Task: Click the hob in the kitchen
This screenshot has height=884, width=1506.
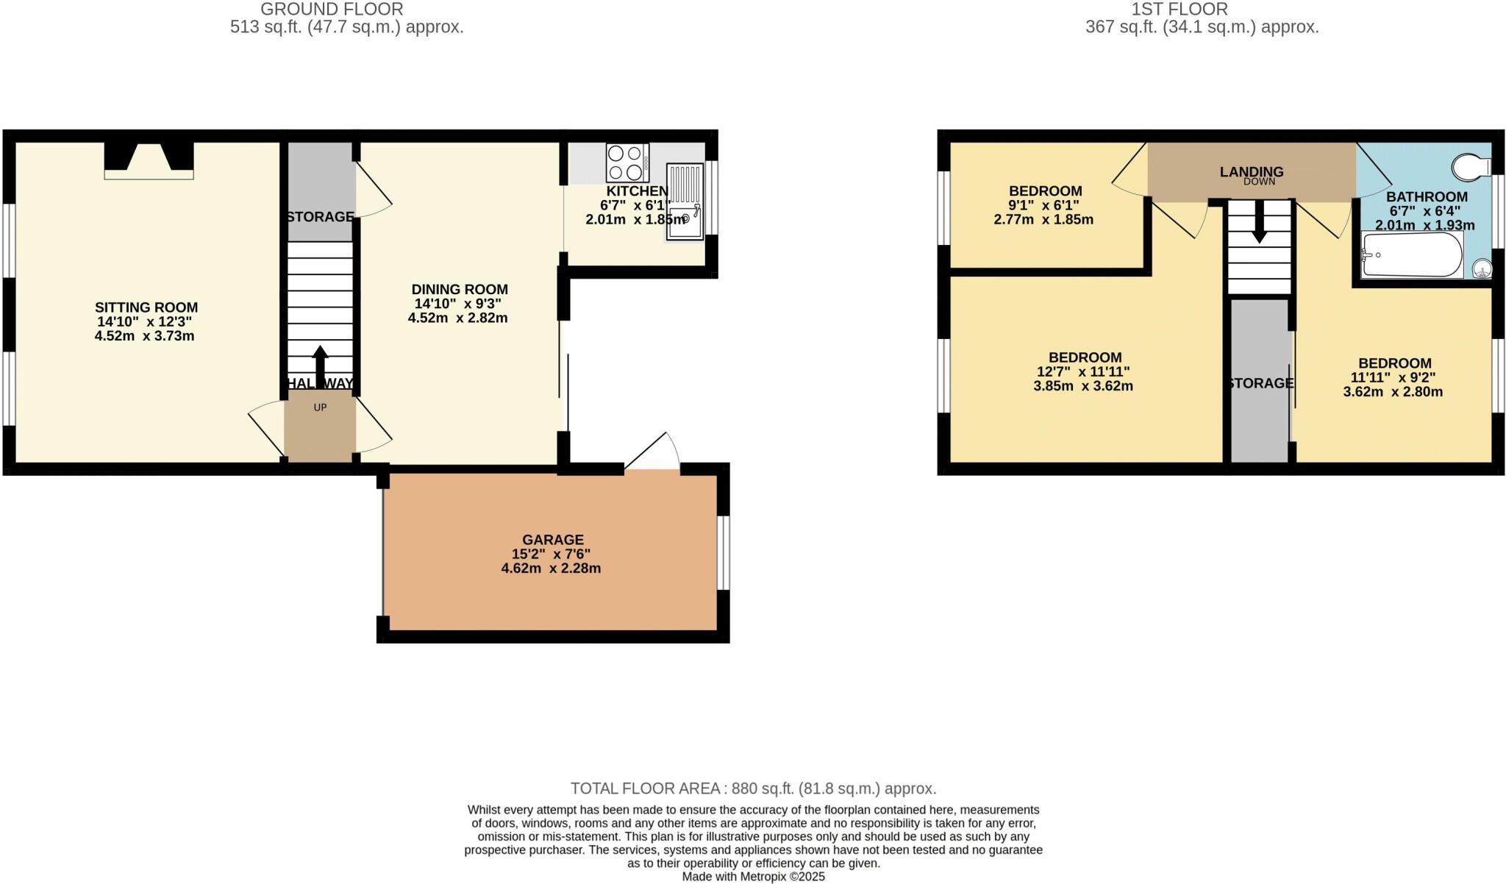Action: tap(627, 163)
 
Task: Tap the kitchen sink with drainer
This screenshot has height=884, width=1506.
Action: tap(685, 202)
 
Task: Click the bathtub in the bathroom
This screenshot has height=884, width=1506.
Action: tap(1412, 255)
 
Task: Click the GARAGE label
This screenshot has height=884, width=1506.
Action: tap(553, 540)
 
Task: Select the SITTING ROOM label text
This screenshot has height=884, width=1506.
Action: tap(146, 307)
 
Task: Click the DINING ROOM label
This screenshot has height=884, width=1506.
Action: tap(460, 289)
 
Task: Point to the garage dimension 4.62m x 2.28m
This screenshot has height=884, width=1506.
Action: tap(551, 568)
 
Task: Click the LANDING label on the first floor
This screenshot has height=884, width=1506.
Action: tap(1252, 171)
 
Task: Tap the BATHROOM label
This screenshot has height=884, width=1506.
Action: tap(1427, 197)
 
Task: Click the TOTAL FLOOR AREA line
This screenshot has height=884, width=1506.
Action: tap(753, 788)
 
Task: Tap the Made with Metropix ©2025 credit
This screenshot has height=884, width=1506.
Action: tap(753, 877)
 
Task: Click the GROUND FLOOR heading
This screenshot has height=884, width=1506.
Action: tap(332, 10)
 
